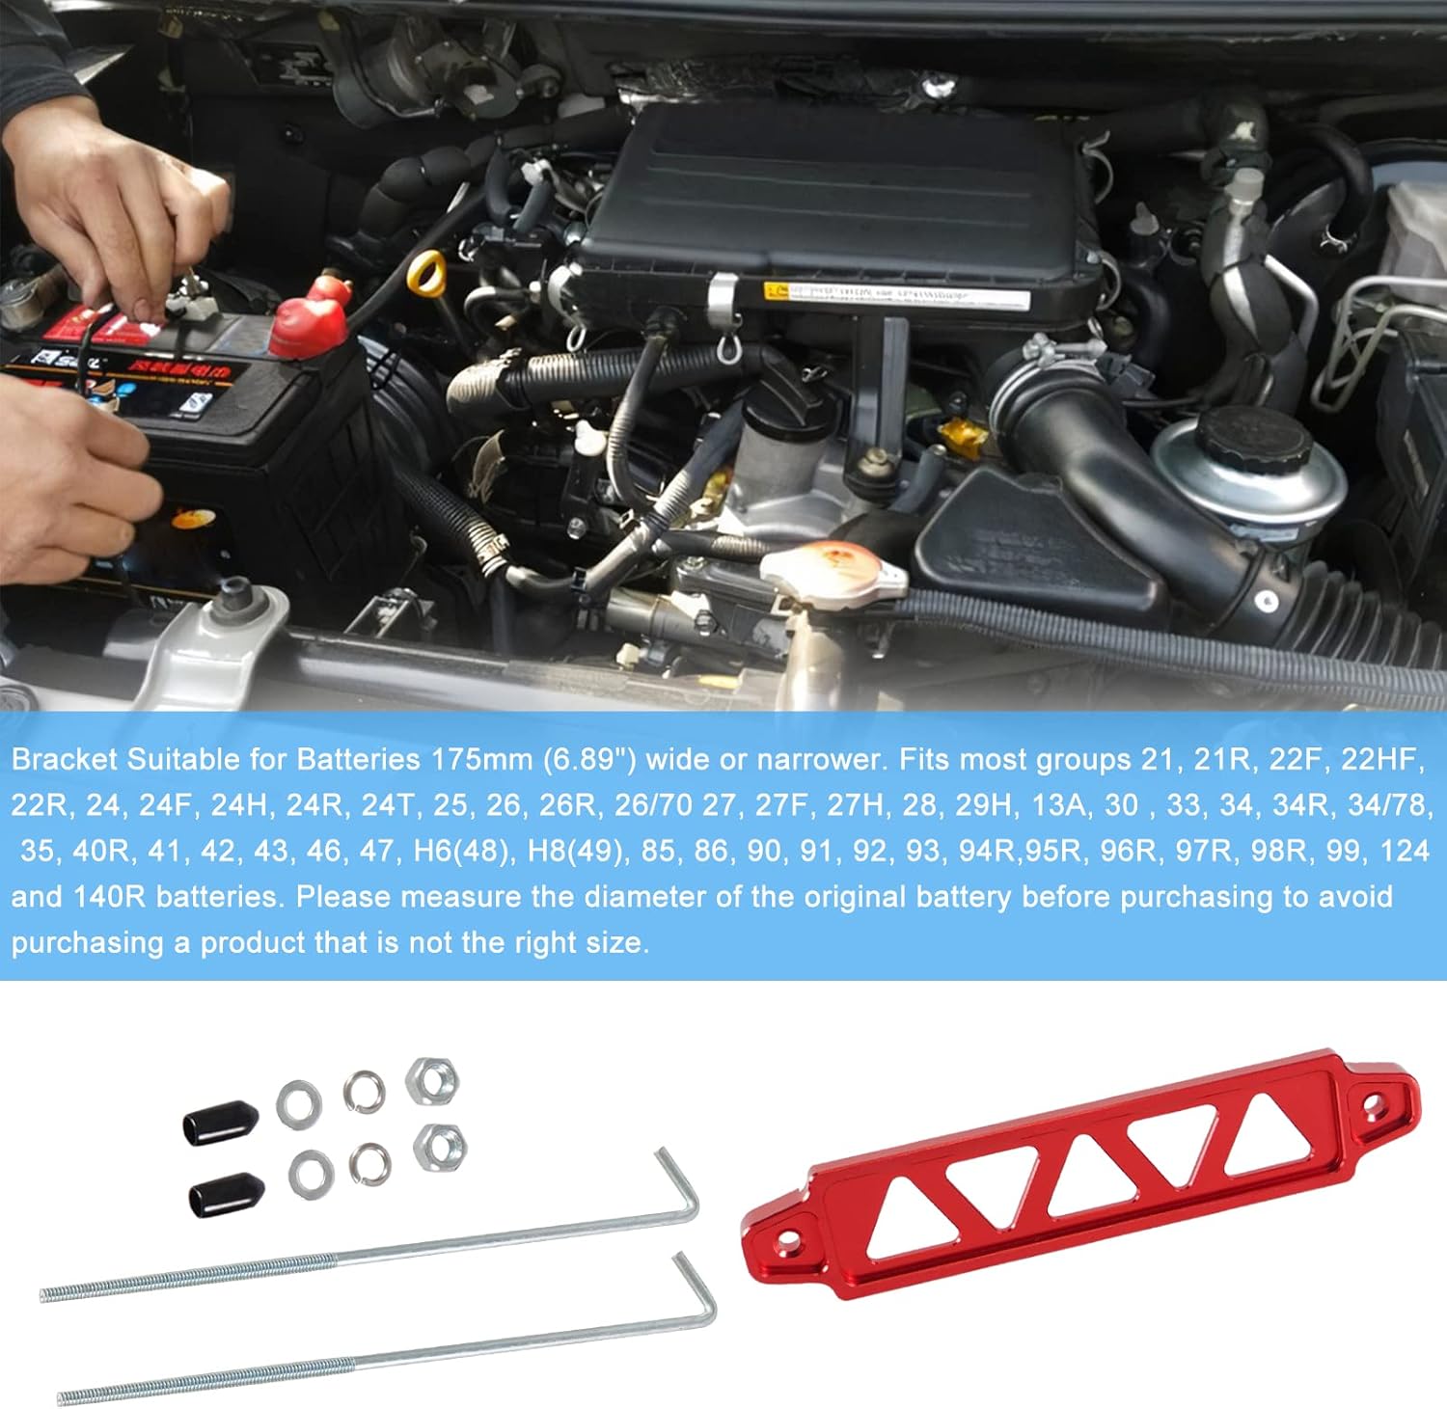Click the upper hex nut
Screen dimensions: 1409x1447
431,1080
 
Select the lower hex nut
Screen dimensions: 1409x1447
440,1148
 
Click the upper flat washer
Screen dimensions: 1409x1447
299,1103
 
